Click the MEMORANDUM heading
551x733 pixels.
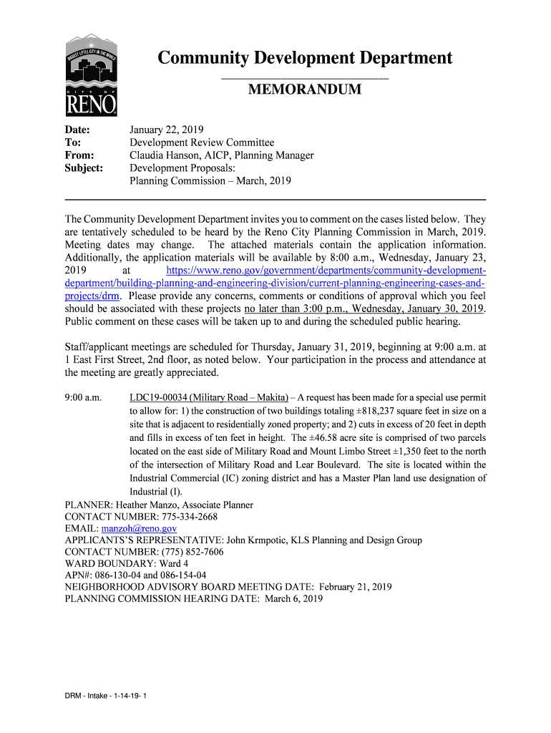point(304,89)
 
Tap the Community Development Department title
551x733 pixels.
point(304,58)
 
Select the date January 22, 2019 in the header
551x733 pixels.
point(166,130)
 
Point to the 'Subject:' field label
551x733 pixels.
point(84,168)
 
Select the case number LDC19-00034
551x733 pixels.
point(159,397)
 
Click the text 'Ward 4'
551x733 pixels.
point(172,563)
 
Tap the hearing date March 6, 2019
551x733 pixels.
point(293,599)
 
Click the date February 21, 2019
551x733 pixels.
point(355,587)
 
